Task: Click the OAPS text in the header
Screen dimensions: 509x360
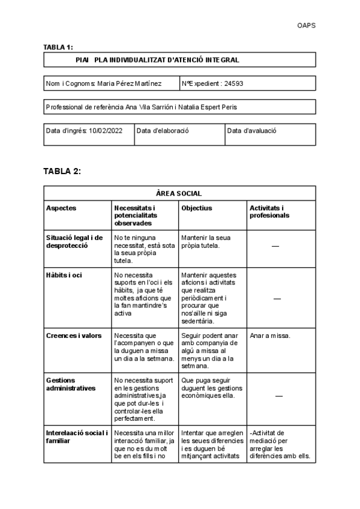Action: (x=306, y=25)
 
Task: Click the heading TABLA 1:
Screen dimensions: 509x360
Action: (x=58, y=47)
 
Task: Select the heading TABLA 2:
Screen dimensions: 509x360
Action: (x=62, y=171)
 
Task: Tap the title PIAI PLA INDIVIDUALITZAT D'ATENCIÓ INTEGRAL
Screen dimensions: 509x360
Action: (x=157, y=60)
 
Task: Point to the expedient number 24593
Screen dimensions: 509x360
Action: (x=233, y=84)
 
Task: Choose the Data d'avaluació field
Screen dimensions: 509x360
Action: (x=251, y=130)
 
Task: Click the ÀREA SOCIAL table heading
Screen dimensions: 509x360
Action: (x=179, y=193)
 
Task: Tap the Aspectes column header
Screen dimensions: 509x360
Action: (x=62, y=208)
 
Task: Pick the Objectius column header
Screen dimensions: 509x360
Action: (x=196, y=208)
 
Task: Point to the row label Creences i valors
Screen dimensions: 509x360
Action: (x=74, y=336)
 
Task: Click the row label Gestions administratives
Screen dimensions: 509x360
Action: (x=70, y=384)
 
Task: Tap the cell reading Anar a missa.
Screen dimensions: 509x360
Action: (x=270, y=336)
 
